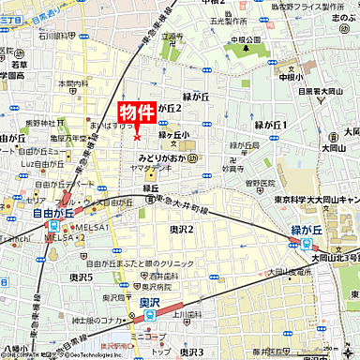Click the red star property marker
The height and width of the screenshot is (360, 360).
pos(137,137)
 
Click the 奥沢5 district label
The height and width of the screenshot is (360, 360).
pos(81,277)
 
